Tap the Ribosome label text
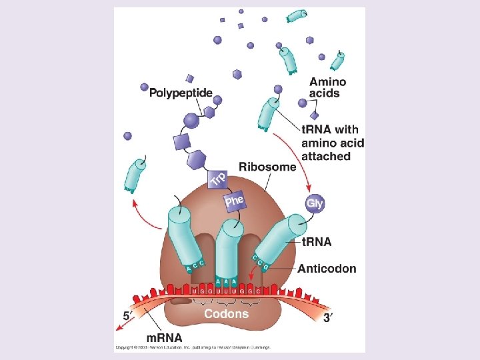(x=267, y=167)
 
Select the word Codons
(x=226, y=313)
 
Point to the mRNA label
(x=163, y=337)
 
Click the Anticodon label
(x=327, y=269)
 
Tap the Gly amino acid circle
(x=314, y=203)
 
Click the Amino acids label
(x=327, y=87)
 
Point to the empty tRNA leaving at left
(x=135, y=176)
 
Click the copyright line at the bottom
(x=193, y=347)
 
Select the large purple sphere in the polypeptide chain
(x=191, y=121)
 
